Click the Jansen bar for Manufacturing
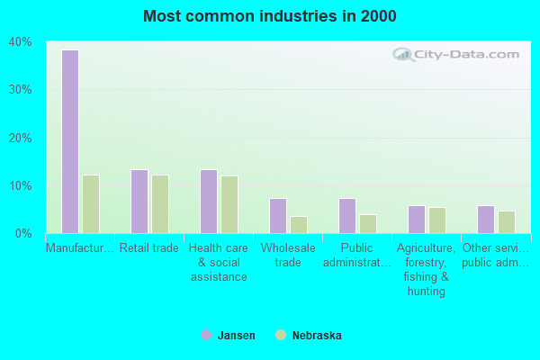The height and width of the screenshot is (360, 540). pyautogui.click(x=69, y=141)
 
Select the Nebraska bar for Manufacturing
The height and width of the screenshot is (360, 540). pyautogui.click(x=90, y=204)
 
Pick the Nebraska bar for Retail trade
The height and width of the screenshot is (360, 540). pyautogui.click(x=159, y=204)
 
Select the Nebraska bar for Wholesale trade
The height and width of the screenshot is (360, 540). pyautogui.click(x=298, y=225)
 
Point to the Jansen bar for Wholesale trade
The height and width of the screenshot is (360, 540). pyautogui.click(x=277, y=216)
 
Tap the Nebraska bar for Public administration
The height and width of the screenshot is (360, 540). pyautogui.click(x=367, y=224)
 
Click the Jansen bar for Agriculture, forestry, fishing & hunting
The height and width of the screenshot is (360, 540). pyautogui.click(x=416, y=220)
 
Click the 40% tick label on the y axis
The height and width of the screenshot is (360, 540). pyautogui.click(x=20, y=42)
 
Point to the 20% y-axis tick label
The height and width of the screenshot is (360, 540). pyautogui.click(x=20, y=138)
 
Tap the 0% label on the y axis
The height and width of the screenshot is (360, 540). pyautogui.click(x=23, y=234)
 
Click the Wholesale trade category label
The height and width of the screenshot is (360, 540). pyautogui.click(x=288, y=255)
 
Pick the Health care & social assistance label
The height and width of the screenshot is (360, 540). pyautogui.click(x=219, y=262)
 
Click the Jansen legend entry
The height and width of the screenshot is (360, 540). pyautogui.click(x=229, y=336)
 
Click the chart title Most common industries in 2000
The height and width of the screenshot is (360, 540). pyautogui.click(x=269, y=16)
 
